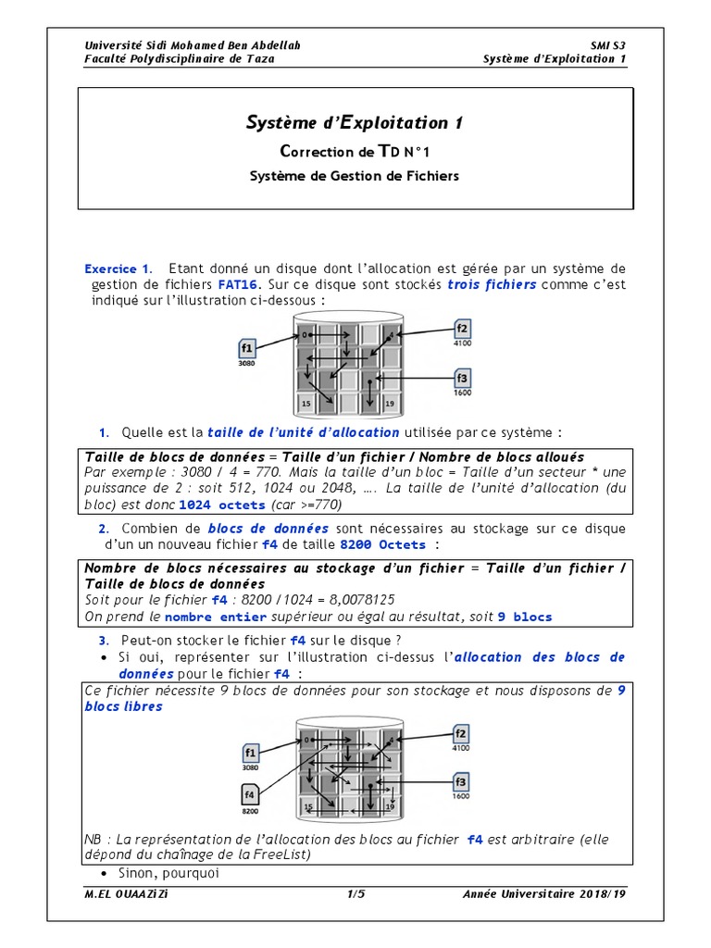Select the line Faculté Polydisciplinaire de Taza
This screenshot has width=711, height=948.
(180, 58)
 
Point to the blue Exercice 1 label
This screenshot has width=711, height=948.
(117, 268)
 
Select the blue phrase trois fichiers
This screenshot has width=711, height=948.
(492, 285)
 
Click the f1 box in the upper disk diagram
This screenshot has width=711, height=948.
(246, 348)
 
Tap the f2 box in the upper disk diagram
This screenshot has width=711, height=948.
(463, 329)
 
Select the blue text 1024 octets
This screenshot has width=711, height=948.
(221, 505)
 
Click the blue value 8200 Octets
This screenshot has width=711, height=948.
(383, 545)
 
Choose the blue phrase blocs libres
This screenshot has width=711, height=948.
(123, 706)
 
